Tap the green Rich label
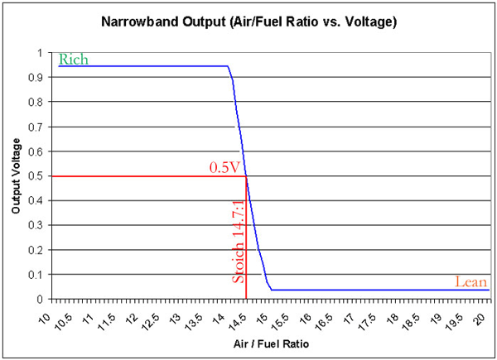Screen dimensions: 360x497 point(72,60)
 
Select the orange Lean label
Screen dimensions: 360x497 point(470,282)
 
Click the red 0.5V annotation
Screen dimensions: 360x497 point(224,168)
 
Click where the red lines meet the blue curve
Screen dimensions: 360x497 point(246,176)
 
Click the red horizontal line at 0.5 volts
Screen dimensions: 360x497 point(149,176)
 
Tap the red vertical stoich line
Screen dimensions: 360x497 point(246,248)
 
